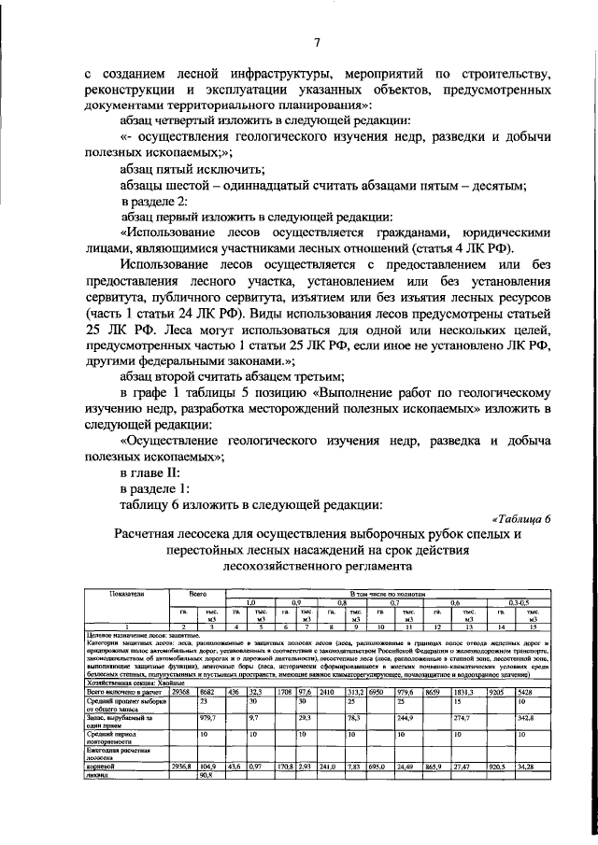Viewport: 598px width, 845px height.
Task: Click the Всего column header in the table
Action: click(x=197, y=593)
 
